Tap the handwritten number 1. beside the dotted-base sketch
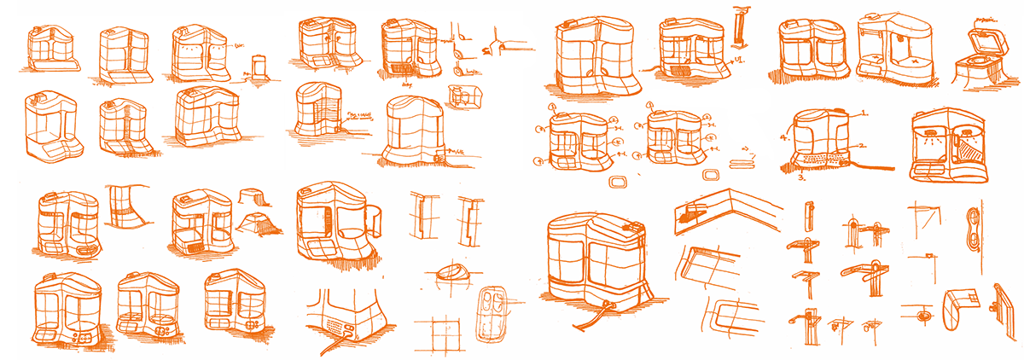pyautogui.click(x=864, y=112)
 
